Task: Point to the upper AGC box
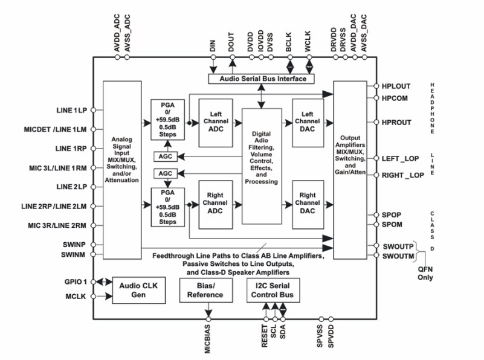[x=164, y=156]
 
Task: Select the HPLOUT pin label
[x=397, y=86]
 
